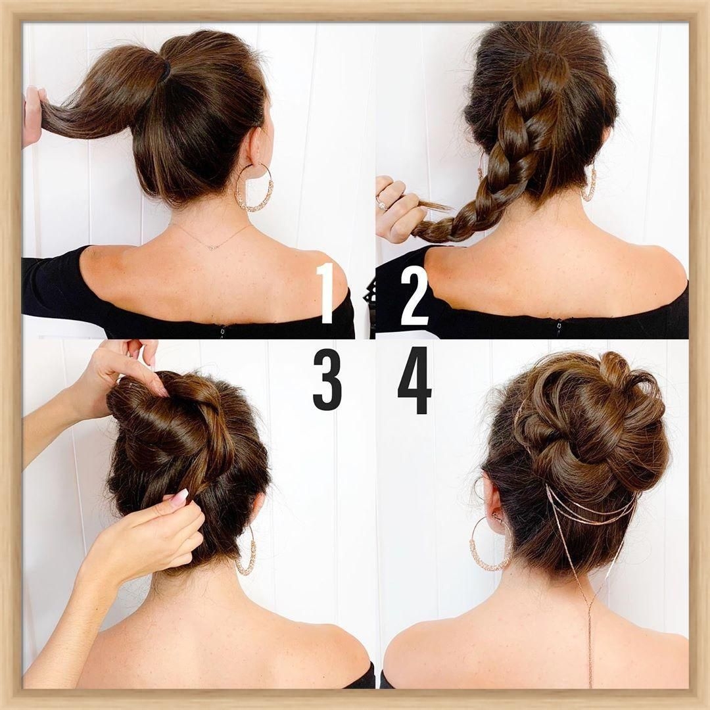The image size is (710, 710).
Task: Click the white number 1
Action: (x=326, y=293)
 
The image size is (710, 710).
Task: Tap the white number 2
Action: (x=414, y=295)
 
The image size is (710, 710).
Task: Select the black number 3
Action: (x=327, y=381)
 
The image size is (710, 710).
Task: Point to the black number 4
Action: (x=415, y=380)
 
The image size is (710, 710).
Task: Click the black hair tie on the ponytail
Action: (x=166, y=72)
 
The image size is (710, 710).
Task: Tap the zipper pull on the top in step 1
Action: (x=222, y=333)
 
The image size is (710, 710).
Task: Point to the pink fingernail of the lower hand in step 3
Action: (x=179, y=498)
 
